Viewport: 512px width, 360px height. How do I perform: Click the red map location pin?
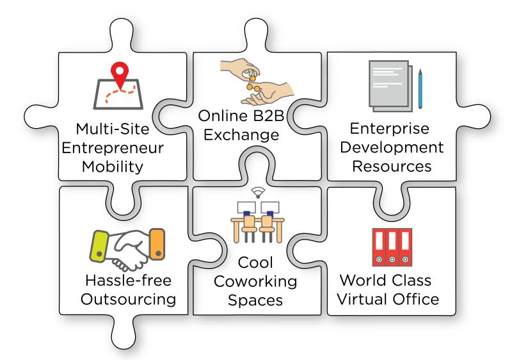point(120,74)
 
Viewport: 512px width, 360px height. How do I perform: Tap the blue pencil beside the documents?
point(420,88)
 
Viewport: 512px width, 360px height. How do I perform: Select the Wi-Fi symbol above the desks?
point(258,192)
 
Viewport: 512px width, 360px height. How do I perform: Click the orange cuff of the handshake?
point(157,244)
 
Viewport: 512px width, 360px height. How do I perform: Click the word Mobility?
point(113,167)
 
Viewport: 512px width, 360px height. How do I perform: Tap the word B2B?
point(268,116)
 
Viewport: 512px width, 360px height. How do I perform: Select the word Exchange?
point(241,135)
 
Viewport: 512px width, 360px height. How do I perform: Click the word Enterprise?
point(390,128)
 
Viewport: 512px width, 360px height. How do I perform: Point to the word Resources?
point(392,166)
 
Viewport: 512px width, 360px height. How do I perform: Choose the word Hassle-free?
point(129,281)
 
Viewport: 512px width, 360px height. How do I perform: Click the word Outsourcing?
point(129,299)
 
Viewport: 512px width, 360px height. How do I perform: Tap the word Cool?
point(255,263)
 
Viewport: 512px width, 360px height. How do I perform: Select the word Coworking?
point(255,281)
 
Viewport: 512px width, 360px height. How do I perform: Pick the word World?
point(363,281)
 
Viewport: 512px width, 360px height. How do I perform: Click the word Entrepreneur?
point(113,148)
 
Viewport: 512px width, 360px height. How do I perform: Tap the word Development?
point(392,147)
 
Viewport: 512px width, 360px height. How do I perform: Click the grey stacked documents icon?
point(390,86)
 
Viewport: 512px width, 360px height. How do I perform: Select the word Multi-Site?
point(113,129)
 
